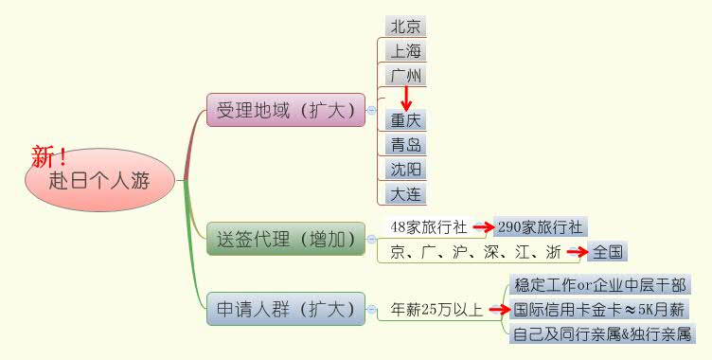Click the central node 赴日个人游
pos(100,179)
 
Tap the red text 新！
pos(50,155)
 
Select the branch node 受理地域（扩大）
pos(285,110)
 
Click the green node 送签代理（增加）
pos(285,239)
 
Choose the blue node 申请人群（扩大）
pos(285,309)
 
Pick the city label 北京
pos(406,26)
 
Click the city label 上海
pos(406,50)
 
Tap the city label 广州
pos(406,75)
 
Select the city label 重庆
pos(406,120)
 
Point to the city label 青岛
pos(406,145)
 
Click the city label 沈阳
pos(406,170)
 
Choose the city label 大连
pos(406,194)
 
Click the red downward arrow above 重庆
pos(406,98)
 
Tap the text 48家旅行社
pos(429,227)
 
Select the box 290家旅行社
pos(541,227)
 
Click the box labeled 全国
pos(607,252)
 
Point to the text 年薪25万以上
pos(437,309)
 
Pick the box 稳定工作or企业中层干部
pos(599,284)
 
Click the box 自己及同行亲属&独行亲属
pos(601,333)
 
